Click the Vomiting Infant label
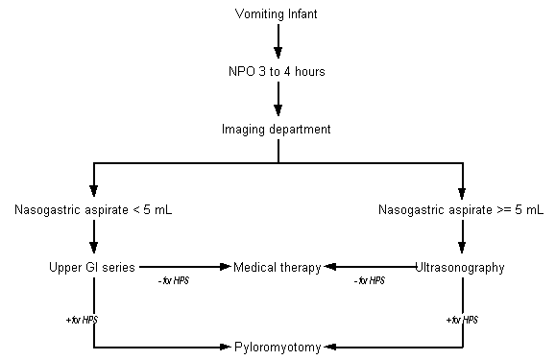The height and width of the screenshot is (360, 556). (x=276, y=14)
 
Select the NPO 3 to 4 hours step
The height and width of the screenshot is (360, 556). (x=277, y=72)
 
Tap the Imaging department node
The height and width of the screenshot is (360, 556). (x=277, y=130)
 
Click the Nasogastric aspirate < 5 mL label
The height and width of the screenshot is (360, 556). (x=93, y=210)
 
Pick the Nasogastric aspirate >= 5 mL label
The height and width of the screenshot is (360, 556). (x=461, y=210)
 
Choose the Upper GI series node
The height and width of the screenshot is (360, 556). (x=92, y=267)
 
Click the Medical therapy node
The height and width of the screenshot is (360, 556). (x=278, y=267)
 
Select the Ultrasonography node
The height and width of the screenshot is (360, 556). (x=460, y=268)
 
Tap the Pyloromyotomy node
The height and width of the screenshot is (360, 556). (x=278, y=348)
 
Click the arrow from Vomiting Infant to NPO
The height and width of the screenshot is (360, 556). (x=278, y=41)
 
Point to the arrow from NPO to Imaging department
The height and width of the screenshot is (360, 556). (x=278, y=99)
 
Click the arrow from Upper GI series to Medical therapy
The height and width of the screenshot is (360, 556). (x=185, y=267)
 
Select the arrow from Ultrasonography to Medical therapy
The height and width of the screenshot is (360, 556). (x=370, y=267)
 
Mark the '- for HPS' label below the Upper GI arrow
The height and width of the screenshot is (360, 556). (x=174, y=281)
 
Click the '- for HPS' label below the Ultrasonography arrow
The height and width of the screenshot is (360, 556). (x=369, y=281)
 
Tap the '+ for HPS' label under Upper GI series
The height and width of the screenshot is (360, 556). (x=82, y=320)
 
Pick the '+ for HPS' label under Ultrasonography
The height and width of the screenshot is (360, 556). (x=462, y=320)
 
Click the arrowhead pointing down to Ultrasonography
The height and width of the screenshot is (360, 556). (x=462, y=248)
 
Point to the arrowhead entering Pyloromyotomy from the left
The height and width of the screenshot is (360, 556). (x=226, y=347)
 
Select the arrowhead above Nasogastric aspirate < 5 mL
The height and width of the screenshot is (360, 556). (x=93, y=191)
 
